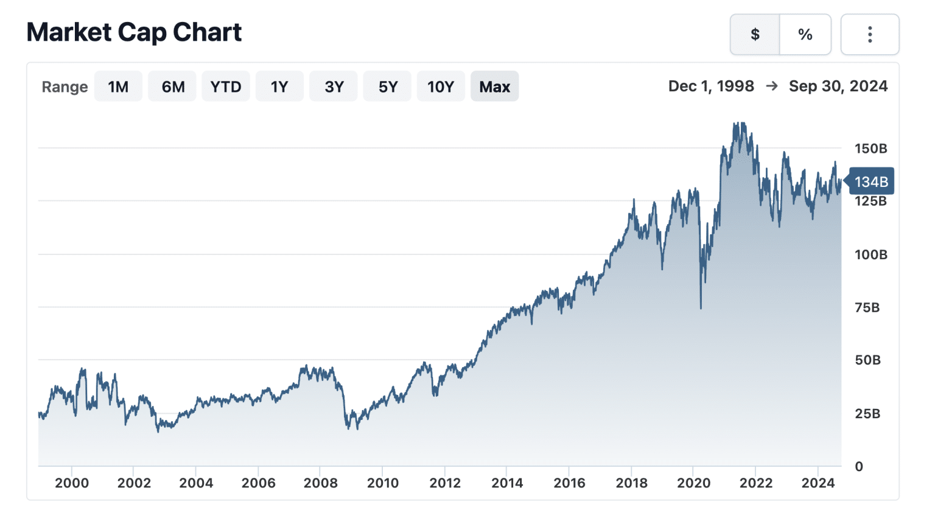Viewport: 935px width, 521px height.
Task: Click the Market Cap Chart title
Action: tap(134, 32)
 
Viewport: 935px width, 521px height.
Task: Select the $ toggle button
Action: tap(755, 35)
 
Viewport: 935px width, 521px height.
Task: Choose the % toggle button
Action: tap(805, 35)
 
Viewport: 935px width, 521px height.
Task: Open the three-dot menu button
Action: tap(869, 35)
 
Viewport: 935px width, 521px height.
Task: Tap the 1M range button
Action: tap(118, 86)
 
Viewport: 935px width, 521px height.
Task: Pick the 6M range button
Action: tap(172, 86)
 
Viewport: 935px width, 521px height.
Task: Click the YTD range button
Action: tap(226, 86)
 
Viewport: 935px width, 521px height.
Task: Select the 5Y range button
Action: tap(387, 86)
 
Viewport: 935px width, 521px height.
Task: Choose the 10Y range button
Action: tap(441, 86)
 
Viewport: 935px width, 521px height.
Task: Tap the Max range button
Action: tap(494, 86)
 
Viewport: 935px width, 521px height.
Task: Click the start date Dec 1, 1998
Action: tap(710, 86)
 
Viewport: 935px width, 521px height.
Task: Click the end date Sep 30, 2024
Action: tap(838, 86)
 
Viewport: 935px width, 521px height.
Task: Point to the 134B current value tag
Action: tap(870, 181)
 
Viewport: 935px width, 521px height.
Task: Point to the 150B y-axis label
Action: tap(870, 149)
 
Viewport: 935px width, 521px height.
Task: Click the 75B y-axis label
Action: tap(867, 307)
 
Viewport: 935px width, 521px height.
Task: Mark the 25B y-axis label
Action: tap(867, 414)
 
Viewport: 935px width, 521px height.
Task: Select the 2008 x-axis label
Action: tap(320, 483)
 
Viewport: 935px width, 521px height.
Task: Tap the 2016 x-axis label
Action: tap(569, 483)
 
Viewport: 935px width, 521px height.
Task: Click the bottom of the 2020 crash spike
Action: tap(701, 307)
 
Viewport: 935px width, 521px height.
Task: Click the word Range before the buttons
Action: tap(65, 87)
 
